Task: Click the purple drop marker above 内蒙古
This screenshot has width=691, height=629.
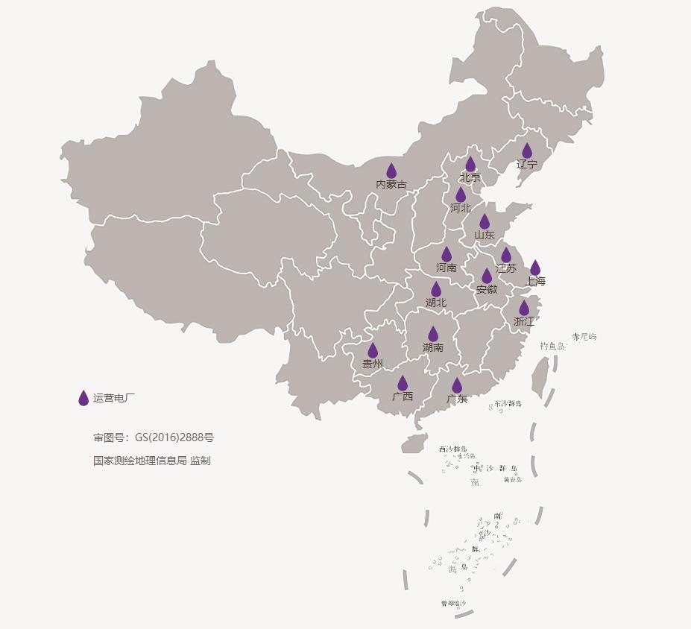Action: coord(391,171)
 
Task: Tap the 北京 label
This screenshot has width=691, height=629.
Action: coord(470,178)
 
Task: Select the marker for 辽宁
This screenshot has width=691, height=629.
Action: coord(527,151)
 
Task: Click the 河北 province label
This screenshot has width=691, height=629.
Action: coord(461,208)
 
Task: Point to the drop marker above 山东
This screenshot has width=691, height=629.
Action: coord(485,221)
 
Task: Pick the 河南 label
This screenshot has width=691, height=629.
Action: coord(447,268)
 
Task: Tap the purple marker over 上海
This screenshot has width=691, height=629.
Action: coord(535,268)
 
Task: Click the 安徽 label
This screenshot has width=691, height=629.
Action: coord(487,289)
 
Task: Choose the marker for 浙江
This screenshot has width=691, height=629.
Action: coord(524,308)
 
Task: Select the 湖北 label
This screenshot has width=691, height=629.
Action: coord(436,303)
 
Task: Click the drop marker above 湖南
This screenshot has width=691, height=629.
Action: coord(433,334)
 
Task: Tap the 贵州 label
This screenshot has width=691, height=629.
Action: coord(373,364)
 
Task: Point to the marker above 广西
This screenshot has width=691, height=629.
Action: coord(403,383)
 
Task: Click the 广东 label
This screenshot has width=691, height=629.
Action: coord(457,399)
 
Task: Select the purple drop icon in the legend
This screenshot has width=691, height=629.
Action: coord(83,398)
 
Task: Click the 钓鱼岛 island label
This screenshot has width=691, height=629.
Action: coord(552,346)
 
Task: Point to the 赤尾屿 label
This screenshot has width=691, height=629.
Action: coord(584,337)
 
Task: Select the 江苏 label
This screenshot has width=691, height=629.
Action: coord(506,268)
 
